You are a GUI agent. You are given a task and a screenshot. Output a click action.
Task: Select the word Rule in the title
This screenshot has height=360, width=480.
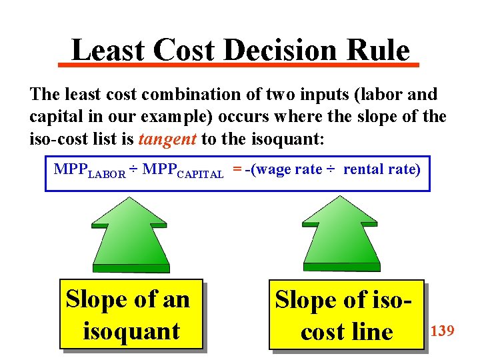tap(379, 50)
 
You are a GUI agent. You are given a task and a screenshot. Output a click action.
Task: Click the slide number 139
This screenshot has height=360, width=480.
tap(443, 329)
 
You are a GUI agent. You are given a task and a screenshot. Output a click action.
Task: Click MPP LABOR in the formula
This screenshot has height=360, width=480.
tap(89, 171)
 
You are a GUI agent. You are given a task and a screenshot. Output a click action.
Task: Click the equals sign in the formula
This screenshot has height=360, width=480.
tap(237, 169)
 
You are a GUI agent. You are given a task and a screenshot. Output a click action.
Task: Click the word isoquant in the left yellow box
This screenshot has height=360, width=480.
tap(131, 331)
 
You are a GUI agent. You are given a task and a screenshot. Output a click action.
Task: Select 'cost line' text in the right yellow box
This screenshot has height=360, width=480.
tap(347, 332)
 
